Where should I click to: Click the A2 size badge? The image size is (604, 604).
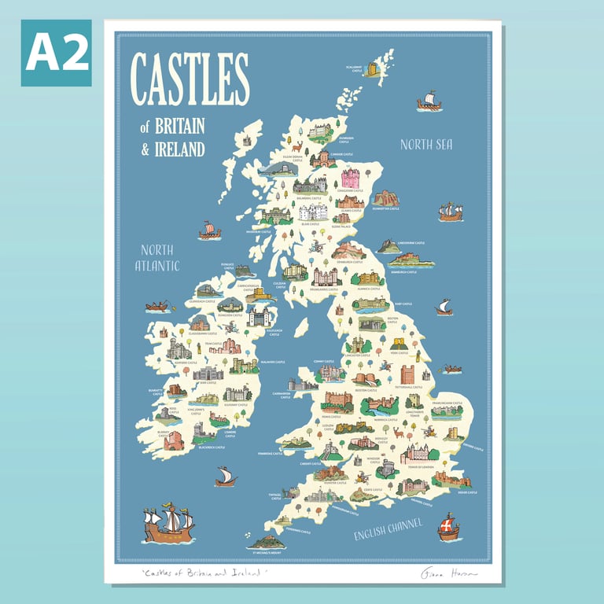56,53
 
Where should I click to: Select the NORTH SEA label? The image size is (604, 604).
425,144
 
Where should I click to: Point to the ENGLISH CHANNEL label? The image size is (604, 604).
388,529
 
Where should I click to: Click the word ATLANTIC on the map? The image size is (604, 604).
157,266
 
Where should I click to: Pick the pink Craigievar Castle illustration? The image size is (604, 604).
350,178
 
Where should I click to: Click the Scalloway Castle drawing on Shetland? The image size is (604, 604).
372,69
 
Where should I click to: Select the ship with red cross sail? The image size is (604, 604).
448,527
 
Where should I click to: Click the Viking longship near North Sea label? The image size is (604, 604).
429,100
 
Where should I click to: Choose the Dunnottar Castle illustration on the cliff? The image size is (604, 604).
385,197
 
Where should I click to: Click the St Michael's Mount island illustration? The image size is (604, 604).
265,542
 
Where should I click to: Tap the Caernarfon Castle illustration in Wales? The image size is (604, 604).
303,385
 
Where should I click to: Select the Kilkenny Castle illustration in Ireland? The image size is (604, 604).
237,393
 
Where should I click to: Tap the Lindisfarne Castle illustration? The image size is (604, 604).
389,247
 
